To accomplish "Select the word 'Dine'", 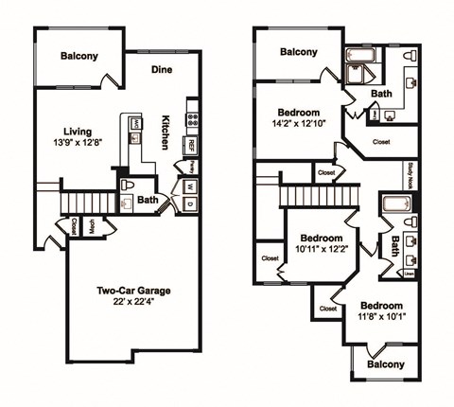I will [x=163, y=69].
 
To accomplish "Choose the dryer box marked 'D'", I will [x=190, y=203].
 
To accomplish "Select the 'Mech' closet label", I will [x=93, y=226].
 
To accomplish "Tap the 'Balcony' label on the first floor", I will [x=79, y=57].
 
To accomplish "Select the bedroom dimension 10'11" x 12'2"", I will [x=319, y=250].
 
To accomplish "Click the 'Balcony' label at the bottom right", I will [x=385, y=364].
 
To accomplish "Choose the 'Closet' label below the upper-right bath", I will [x=381, y=141].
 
